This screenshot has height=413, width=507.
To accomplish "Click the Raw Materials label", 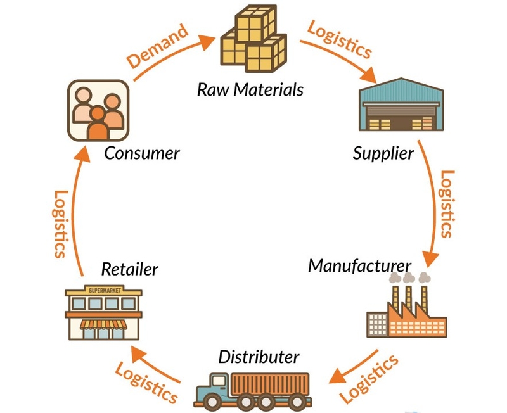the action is point(250,89).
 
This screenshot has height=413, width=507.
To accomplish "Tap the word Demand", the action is point(157,46).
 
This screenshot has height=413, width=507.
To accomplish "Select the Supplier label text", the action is point(383,153).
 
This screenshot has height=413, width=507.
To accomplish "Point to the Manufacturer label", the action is point(359,266).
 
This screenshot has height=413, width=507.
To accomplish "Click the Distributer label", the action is point(259,357).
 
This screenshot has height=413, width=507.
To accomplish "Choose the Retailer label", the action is point(130,269).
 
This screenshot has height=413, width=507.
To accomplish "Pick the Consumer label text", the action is point(141,153).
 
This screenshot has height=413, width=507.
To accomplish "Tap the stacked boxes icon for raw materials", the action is point(253,39).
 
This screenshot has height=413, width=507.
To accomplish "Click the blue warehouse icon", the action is point(401,105).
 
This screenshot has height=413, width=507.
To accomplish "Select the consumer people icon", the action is point(98,110).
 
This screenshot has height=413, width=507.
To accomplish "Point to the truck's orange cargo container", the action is point(270,384).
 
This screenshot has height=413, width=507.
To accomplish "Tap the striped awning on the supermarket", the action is point(103,324).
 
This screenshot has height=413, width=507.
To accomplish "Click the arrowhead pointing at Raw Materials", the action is point(207,42).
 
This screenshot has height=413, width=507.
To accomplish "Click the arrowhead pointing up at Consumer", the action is point(82,154).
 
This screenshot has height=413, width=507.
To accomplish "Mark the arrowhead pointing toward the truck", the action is point(338,376).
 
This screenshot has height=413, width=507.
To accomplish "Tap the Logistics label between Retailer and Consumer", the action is point(60,224).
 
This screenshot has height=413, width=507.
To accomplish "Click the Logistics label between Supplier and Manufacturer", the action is point(448,204).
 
